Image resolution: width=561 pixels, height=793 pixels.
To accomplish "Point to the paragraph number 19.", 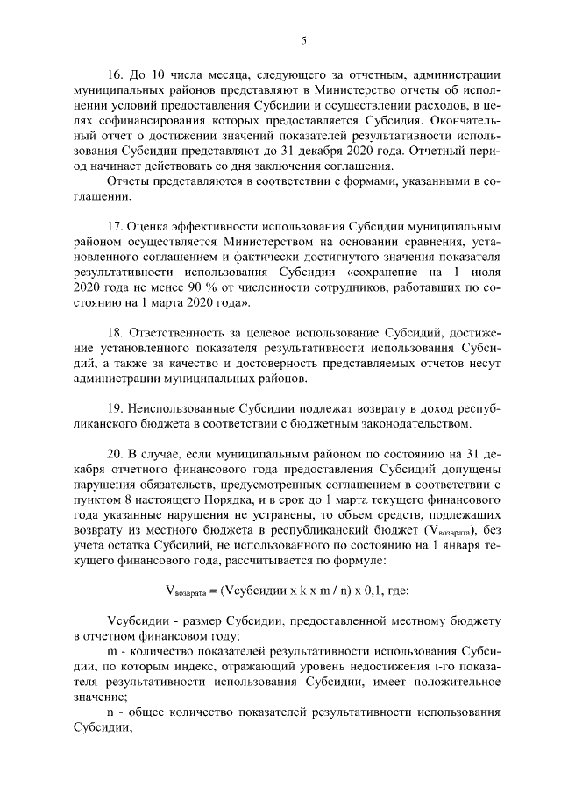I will pyautogui.click(x=114, y=409).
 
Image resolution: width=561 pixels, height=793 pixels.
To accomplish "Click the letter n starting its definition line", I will pyautogui.click(x=110, y=712).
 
